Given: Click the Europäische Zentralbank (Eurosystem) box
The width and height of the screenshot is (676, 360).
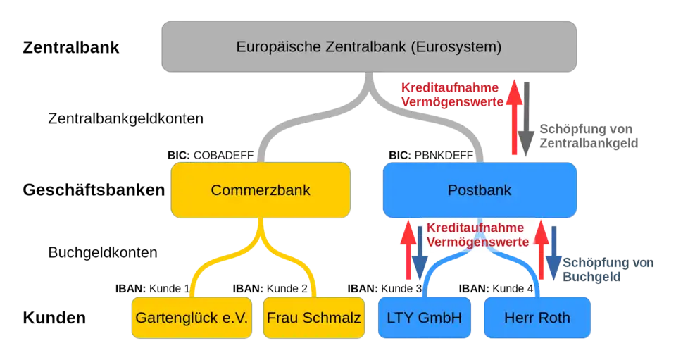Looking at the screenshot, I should pos(369,48).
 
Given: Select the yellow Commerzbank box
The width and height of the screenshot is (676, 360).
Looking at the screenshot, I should pos(261,190).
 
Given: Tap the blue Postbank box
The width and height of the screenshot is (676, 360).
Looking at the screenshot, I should pos(479,190).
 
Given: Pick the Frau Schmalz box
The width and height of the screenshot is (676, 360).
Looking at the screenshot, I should pos(313,318).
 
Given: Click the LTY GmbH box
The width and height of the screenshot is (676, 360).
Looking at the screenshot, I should pos(424,318).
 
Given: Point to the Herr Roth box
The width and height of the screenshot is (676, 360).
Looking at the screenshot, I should pos(537,318).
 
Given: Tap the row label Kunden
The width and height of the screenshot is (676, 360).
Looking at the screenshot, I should pos(55,318).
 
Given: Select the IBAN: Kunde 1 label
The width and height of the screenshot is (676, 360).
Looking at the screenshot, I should pos(153,287).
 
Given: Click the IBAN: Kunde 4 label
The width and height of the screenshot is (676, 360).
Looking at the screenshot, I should pos(497,287).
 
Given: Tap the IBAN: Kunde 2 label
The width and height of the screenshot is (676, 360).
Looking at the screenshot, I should pos(271,287).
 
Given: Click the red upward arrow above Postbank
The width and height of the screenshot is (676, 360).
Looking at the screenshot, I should pos(515,116).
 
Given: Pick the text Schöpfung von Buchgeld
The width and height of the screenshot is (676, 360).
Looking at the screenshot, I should pos(608,269).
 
